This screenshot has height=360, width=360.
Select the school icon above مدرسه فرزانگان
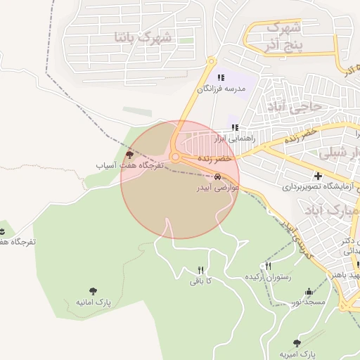click(x=221, y=78)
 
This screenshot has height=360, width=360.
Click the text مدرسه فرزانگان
click(x=221, y=90)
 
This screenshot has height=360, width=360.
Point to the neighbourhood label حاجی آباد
click(x=293, y=107)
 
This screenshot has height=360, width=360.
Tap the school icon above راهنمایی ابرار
click(x=235, y=128)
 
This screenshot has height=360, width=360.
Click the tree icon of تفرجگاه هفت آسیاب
click(x=129, y=154)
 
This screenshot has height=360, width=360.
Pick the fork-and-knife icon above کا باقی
click(x=200, y=271)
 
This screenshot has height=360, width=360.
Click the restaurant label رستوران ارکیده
click(x=267, y=276)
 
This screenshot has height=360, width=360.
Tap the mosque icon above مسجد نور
click(x=308, y=291)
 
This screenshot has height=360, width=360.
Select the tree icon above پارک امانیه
click(x=94, y=290)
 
